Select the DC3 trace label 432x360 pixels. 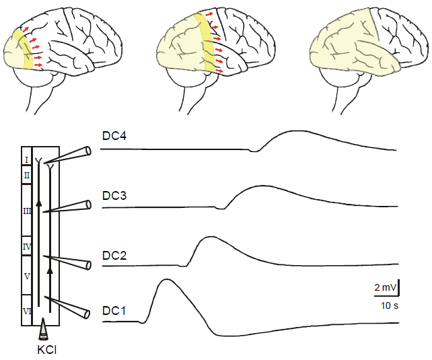pyautogui.click(x=115, y=196)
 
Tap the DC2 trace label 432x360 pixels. pyautogui.click(x=115, y=255)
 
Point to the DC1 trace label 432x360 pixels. pyautogui.click(x=115, y=311)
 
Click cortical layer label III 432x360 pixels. pyautogui.click(x=27, y=211)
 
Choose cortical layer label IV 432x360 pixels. pyautogui.click(x=27, y=247)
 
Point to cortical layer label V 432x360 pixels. pyautogui.click(x=27, y=277)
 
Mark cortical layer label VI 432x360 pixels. pyautogui.click(x=27, y=311)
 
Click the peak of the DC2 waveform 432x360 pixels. pyautogui.click(x=210, y=237)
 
